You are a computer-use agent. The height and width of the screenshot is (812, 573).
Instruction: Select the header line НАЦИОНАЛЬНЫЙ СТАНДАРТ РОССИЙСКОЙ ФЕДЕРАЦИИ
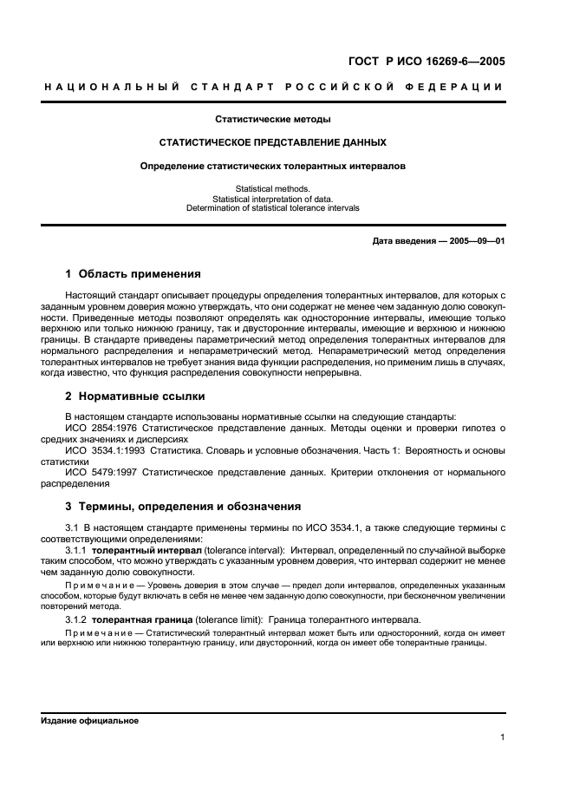click(273, 87)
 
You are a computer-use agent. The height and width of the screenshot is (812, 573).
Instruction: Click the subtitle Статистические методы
click(273, 120)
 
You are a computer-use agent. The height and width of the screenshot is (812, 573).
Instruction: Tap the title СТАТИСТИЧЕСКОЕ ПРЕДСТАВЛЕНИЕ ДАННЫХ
click(273, 142)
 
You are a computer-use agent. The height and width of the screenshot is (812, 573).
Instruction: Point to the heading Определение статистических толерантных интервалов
click(273, 165)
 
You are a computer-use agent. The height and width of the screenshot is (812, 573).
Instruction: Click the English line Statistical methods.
click(273, 188)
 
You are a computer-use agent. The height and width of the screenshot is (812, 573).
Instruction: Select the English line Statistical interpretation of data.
click(273, 199)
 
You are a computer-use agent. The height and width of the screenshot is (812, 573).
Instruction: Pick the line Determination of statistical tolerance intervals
click(273, 208)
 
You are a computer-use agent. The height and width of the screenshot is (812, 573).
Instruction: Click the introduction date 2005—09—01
click(475, 240)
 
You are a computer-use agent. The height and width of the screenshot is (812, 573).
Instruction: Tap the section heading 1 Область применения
click(133, 274)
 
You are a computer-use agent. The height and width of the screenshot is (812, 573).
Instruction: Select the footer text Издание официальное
click(89, 721)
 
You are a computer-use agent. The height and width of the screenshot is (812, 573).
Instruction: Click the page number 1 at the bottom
click(503, 738)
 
